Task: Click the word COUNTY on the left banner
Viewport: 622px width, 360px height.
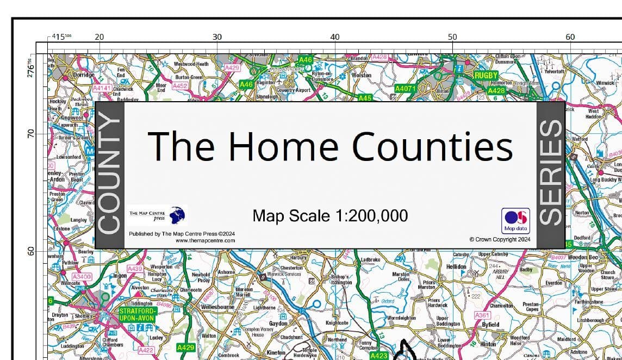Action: click(x=109, y=175)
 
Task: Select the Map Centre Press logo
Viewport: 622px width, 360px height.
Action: click(x=157, y=216)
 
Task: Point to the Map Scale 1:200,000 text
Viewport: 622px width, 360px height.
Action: click(x=330, y=216)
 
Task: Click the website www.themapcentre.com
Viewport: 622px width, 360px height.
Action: click(x=205, y=240)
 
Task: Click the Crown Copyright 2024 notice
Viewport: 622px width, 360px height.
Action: click(x=500, y=239)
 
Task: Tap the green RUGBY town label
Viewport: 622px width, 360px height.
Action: click(x=486, y=76)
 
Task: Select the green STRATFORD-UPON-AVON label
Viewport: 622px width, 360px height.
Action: click(x=138, y=315)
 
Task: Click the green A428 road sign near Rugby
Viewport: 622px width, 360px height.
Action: click(x=496, y=91)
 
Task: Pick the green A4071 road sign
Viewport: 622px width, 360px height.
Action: click(x=405, y=88)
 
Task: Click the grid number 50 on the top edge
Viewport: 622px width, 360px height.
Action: click(x=452, y=37)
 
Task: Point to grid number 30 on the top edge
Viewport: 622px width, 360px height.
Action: click(x=217, y=37)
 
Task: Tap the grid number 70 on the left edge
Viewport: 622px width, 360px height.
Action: click(x=30, y=133)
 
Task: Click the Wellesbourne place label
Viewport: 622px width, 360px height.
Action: click(x=217, y=307)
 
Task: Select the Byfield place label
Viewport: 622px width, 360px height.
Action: click(x=490, y=325)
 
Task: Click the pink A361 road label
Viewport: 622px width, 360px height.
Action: click(x=483, y=315)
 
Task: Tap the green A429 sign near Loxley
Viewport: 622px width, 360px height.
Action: click(x=186, y=347)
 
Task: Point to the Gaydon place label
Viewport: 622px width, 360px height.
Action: click(x=278, y=324)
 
